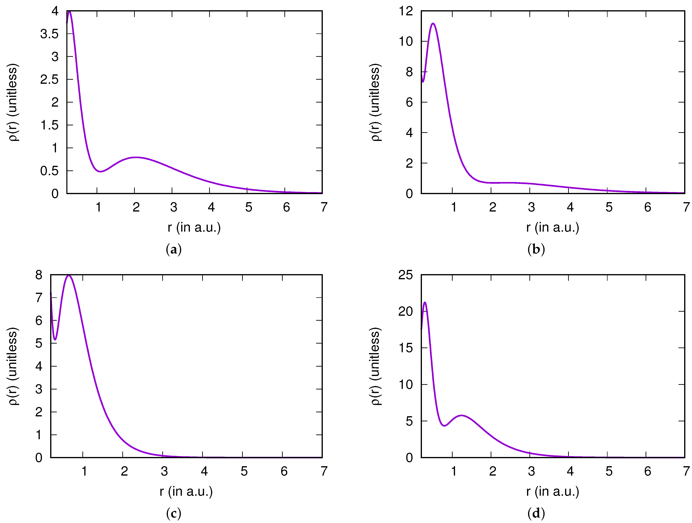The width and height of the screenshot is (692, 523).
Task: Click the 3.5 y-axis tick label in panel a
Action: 49,34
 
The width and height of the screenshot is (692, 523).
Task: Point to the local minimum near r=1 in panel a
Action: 100,171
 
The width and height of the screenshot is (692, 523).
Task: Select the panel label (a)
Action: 174,249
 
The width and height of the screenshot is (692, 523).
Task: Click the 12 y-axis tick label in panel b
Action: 406,11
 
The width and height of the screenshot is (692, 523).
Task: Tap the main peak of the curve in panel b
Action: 433,24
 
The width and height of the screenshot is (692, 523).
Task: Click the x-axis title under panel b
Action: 552,227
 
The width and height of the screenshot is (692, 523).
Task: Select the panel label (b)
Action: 536,249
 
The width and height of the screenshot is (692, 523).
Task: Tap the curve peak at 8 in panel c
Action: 69,276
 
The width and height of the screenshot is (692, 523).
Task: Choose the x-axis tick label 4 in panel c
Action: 204,471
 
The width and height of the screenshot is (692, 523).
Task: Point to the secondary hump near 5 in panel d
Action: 462,415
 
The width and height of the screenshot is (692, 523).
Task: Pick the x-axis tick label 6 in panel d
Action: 647,471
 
